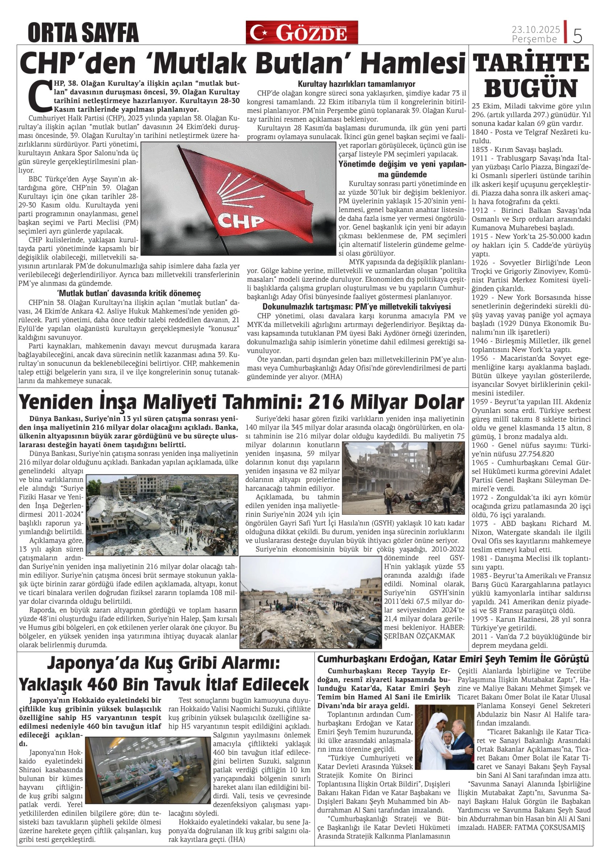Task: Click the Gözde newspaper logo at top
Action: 302,32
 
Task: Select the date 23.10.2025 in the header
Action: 536,29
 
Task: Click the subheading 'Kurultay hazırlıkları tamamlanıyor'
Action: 356,84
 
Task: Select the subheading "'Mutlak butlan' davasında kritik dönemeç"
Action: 128,293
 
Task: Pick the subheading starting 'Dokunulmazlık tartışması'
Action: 356,306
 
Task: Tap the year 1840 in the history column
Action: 480,132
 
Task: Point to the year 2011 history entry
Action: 480,637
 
